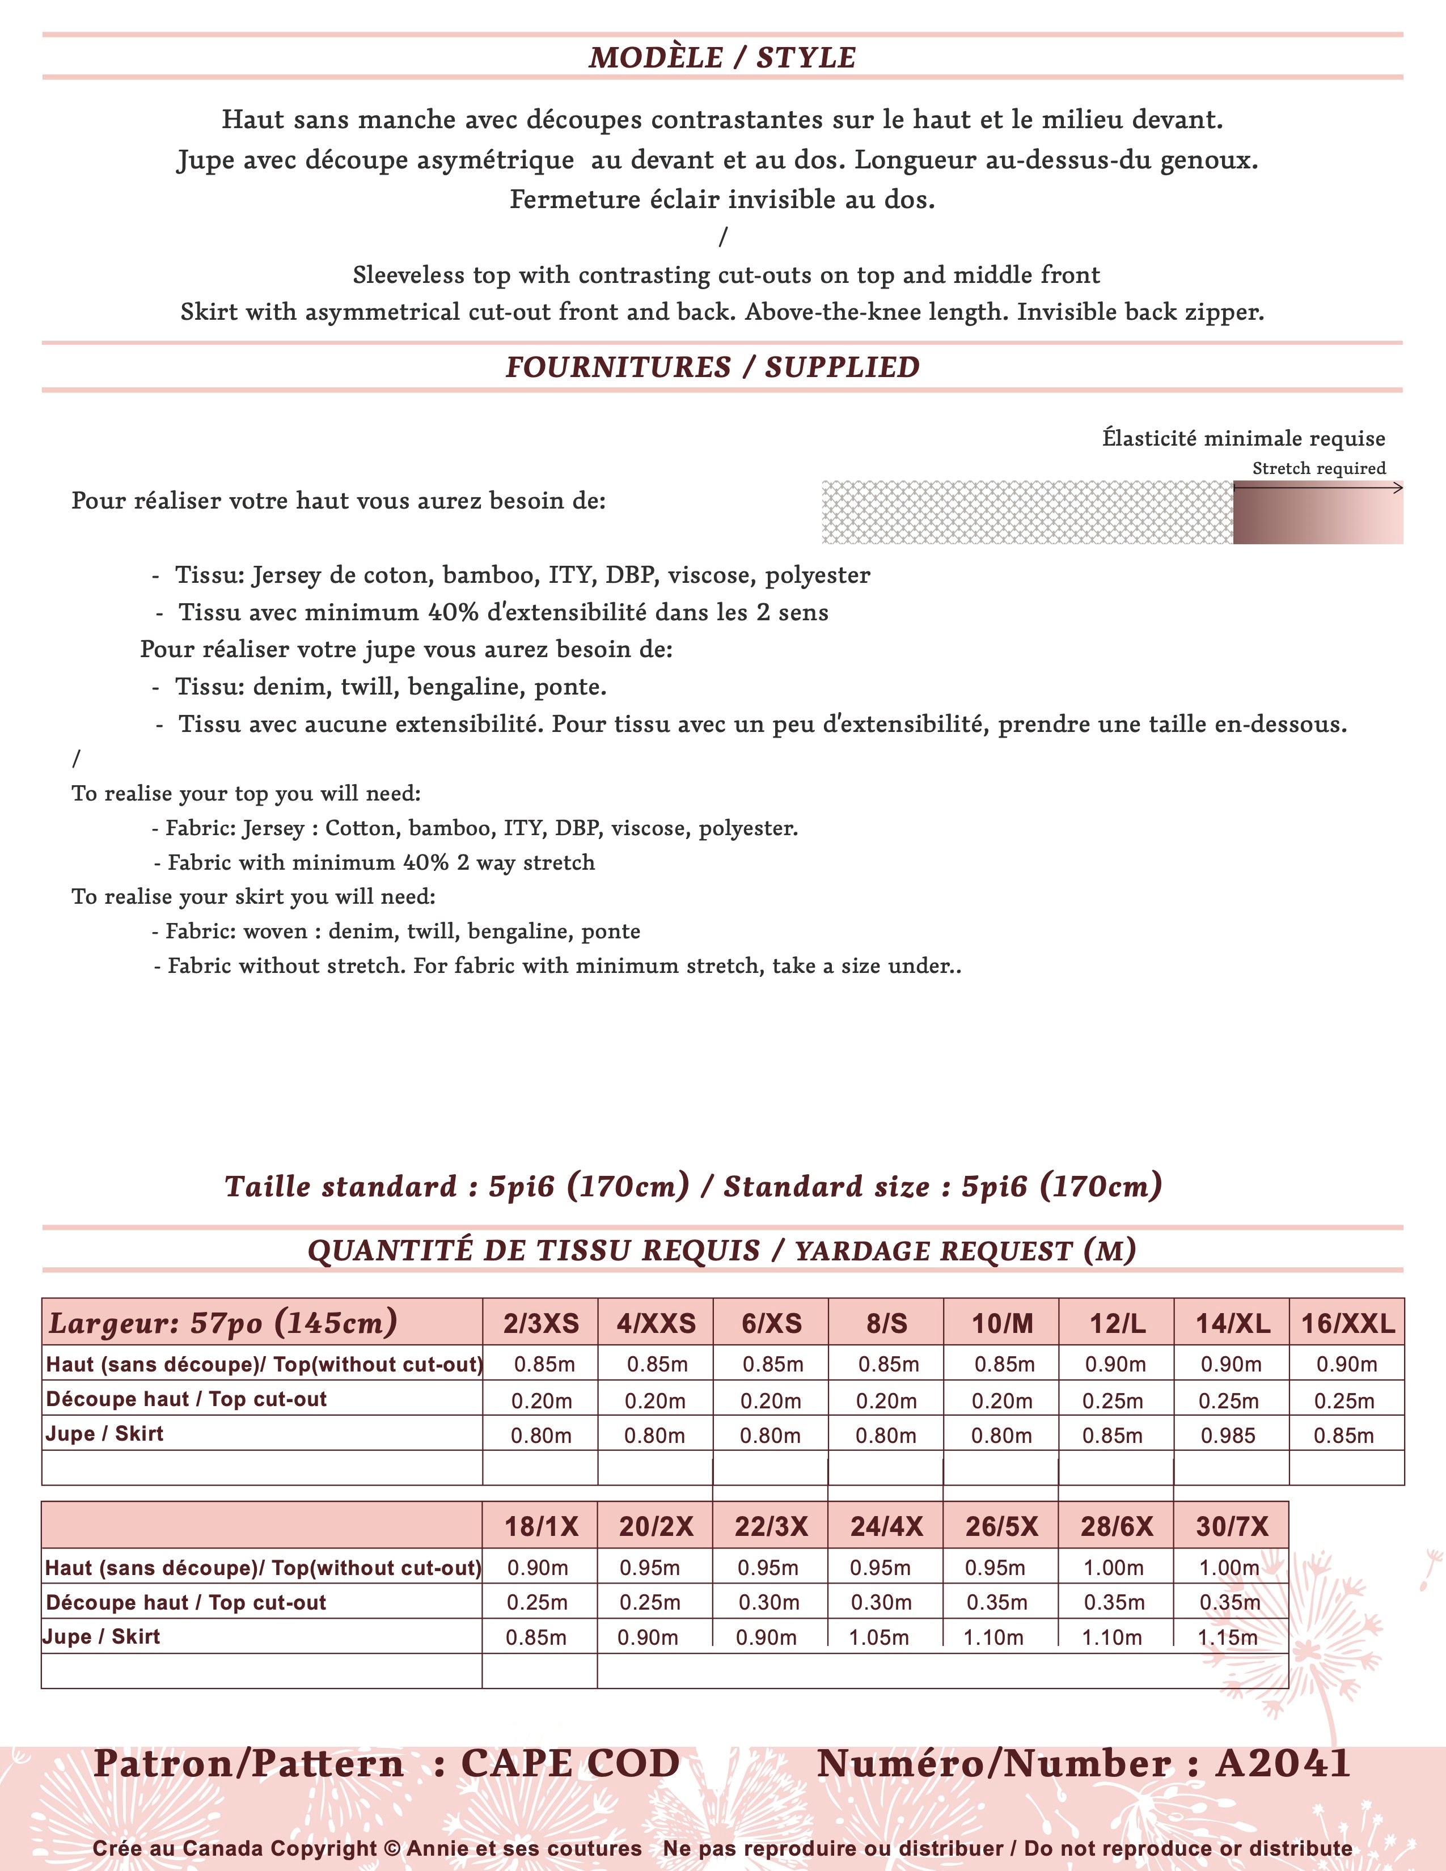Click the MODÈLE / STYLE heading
click(x=722, y=57)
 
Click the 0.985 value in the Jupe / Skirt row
click(x=1228, y=1435)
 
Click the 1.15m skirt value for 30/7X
click(x=1228, y=1637)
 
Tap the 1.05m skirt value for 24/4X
click(x=879, y=1637)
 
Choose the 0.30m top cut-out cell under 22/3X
click(x=768, y=1602)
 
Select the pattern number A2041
click(x=1282, y=1764)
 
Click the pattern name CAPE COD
click(x=570, y=1764)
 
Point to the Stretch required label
click(x=1318, y=469)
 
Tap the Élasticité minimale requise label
click(x=1243, y=439)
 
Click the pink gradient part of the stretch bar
click(x=1317, y=513)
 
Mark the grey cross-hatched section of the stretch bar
click(x=1027, y=513)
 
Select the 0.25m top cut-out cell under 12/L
click(x=1112, y=1400)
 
